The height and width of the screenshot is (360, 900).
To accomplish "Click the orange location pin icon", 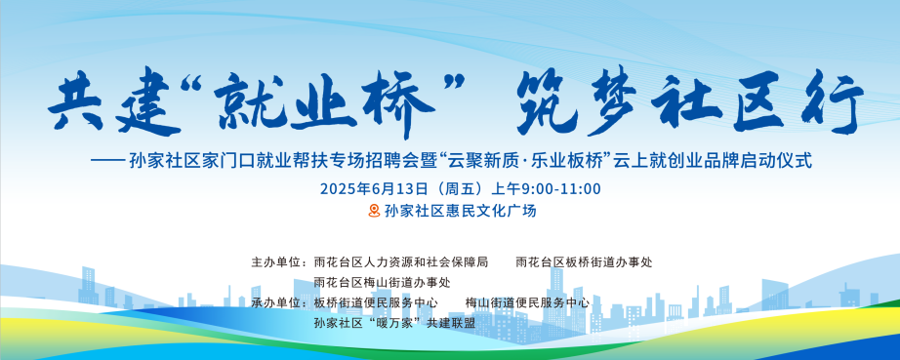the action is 374,211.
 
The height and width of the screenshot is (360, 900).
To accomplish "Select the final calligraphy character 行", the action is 833,103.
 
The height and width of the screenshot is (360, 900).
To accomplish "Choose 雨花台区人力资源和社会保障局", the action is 400,262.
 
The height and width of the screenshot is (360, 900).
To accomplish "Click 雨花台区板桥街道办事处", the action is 584,262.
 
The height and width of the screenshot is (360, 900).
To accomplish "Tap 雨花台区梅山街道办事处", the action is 382,283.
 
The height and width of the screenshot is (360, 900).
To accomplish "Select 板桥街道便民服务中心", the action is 376,302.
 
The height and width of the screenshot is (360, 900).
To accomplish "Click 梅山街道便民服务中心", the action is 527,302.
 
